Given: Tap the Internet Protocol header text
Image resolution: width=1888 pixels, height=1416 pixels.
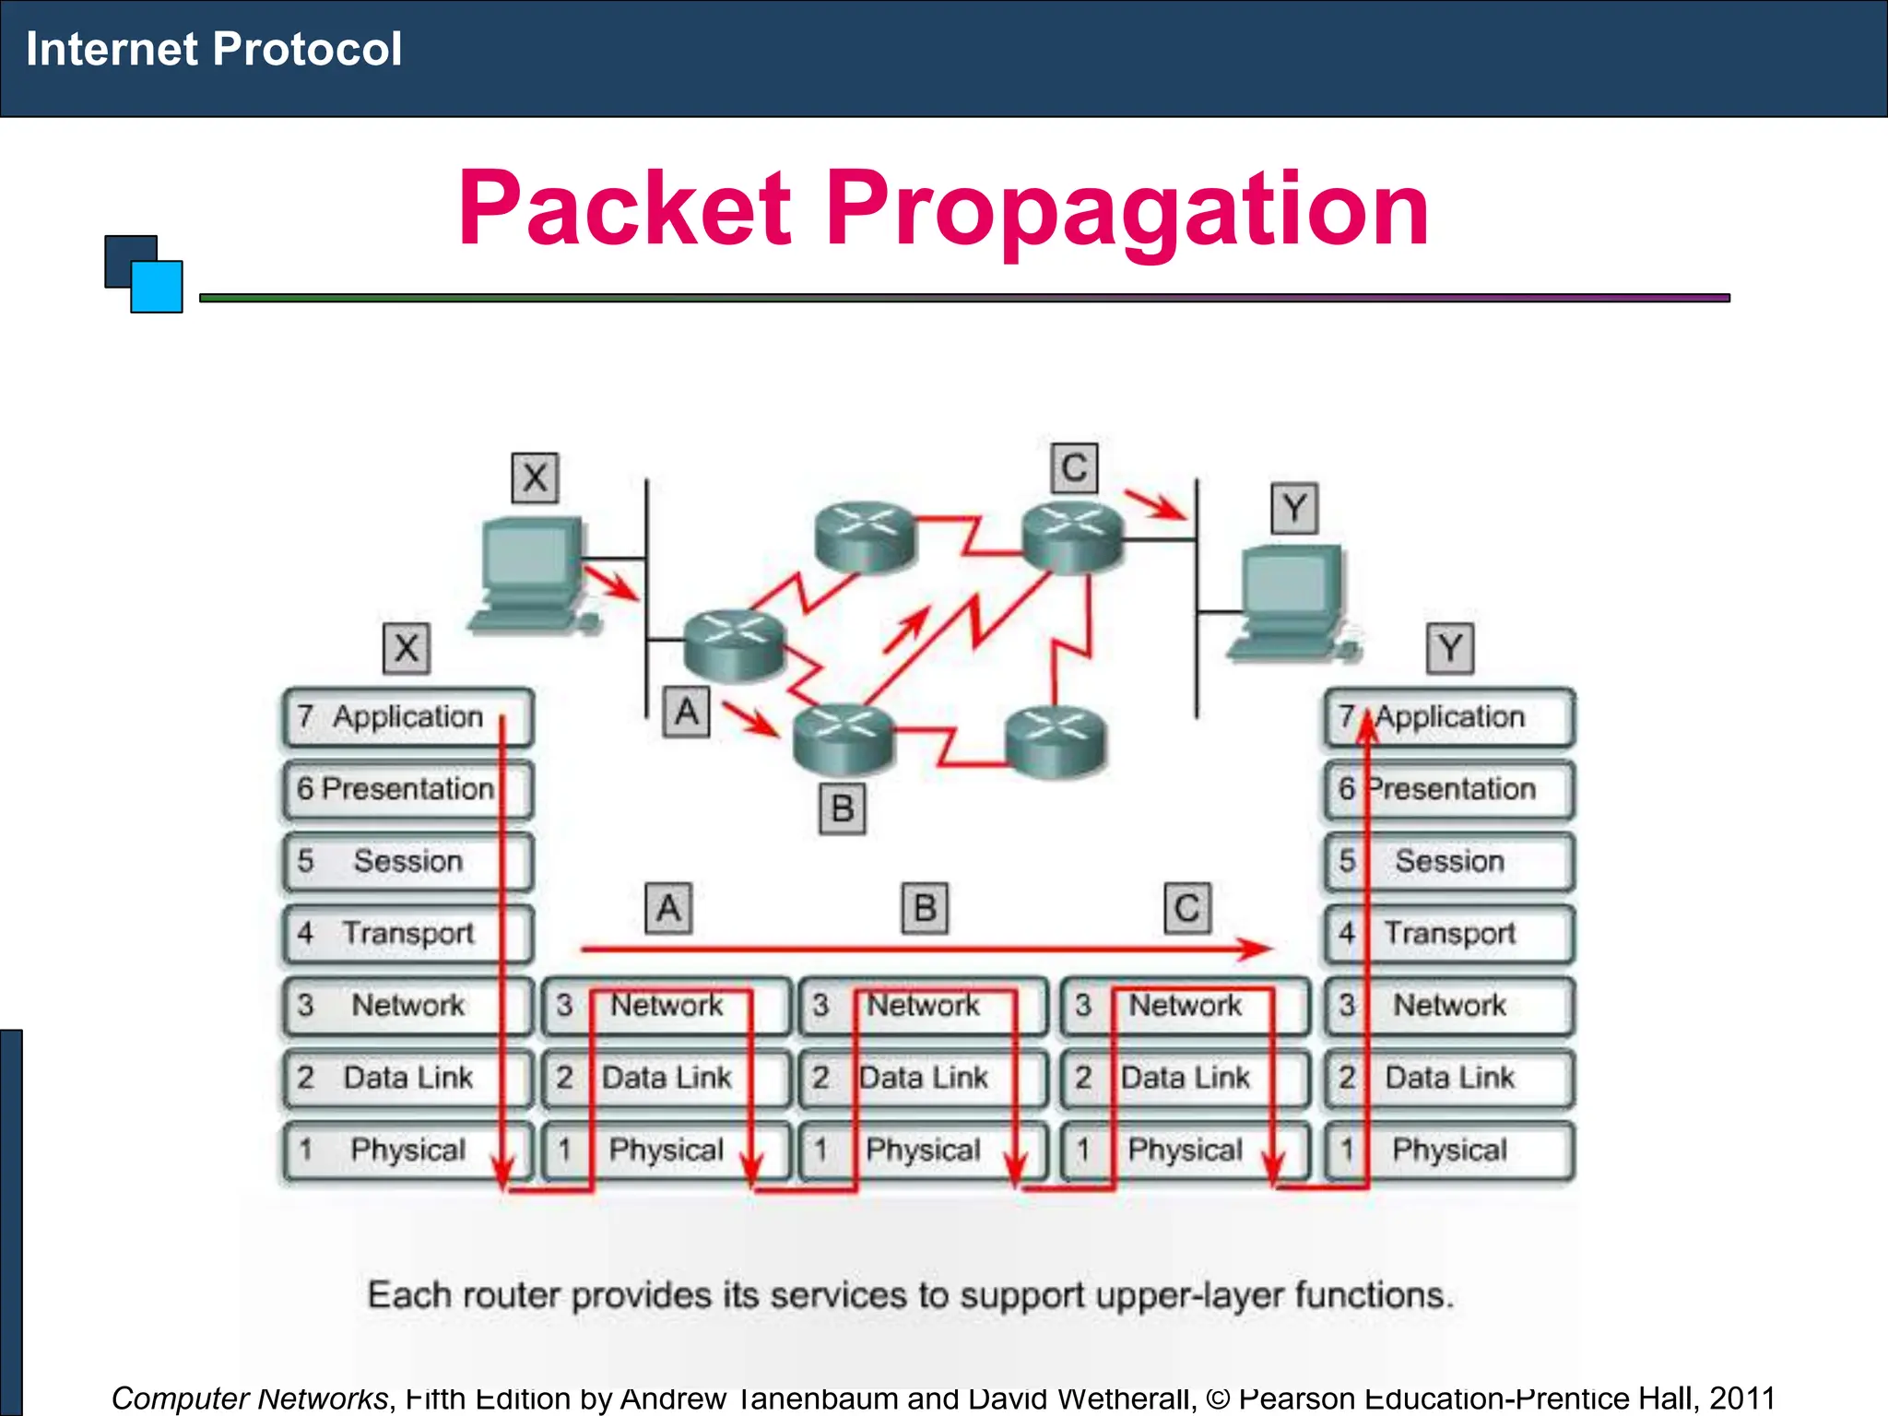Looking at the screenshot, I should point(214,49).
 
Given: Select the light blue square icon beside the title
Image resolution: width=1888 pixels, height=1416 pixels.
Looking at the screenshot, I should point(157,287).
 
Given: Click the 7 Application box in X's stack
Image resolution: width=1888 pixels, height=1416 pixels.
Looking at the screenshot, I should point(407,717).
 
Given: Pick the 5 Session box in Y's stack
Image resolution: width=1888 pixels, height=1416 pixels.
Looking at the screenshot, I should point(1449,861).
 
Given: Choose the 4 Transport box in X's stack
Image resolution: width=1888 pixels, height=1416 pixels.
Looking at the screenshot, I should point(407,933).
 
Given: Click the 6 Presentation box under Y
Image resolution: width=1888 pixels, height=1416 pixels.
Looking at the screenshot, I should point(1449,789).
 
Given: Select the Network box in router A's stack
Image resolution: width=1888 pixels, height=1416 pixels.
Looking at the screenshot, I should point(667,1005).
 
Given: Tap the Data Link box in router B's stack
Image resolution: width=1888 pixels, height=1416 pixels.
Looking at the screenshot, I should point(923,1077).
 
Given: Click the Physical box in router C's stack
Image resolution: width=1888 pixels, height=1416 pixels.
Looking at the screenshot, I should point(1185,1150).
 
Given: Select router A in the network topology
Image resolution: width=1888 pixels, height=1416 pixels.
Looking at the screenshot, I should point(734,644).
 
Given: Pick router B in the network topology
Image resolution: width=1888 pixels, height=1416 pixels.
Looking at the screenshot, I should point(844,737).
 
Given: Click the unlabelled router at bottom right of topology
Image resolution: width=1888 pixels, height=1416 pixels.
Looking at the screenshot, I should point(1056,740).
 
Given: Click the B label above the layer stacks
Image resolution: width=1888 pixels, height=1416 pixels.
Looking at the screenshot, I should point(925,909).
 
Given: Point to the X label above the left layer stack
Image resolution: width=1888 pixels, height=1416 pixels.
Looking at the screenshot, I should point(407,648).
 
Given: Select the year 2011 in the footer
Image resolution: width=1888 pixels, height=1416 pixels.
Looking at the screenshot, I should point(1741,1398).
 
